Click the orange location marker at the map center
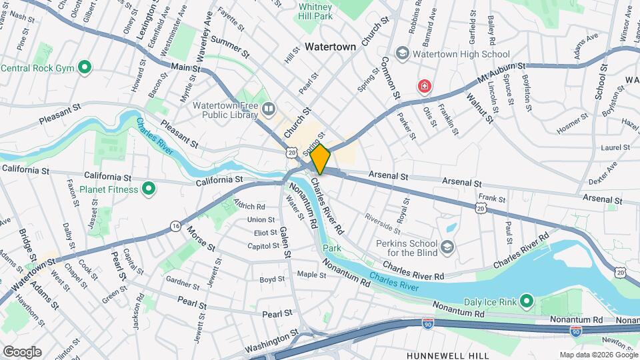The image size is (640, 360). pyautogui.click(x=321, y=159)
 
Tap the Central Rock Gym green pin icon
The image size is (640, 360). pyautogui.click(x=85, y=67)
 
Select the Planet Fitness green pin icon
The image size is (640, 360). pyautogui.click(x=149, y=189)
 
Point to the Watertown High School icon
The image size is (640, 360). pyautogui.click(x=402, y=53)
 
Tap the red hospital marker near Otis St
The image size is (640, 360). pyautogui.click(x=423, y=86)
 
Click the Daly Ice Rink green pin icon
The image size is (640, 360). pyautogui.click(x=526, y=302)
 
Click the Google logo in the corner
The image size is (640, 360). pyautogui.click(x=21, y=352)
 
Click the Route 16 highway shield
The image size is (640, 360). pyautogui.click(x=175, y=226)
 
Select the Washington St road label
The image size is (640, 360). pyautogui.click(x=270, y=344)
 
